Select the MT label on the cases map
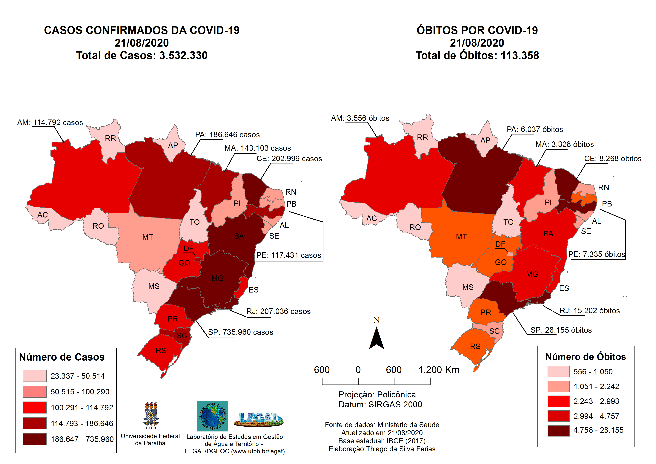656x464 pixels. (x=148, y=237)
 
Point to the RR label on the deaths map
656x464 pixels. (x=422, y=137)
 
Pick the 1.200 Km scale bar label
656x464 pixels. (x=439, y=370)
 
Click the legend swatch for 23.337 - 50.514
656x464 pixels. (x=35, y=376)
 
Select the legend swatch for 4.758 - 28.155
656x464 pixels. (x=558, y=431)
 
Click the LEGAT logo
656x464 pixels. (x=258, y=419)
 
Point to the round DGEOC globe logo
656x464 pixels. (x=212, y=416)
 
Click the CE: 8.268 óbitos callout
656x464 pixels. (x=613, y=159)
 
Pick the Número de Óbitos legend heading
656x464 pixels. (x=586, y=357)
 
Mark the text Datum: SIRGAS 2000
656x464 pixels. (x=380, y=405)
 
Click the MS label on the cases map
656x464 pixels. (x=154, y=286)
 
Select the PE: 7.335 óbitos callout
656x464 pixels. (x=597, y=254)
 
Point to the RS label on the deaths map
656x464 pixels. (x=475, y=347)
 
